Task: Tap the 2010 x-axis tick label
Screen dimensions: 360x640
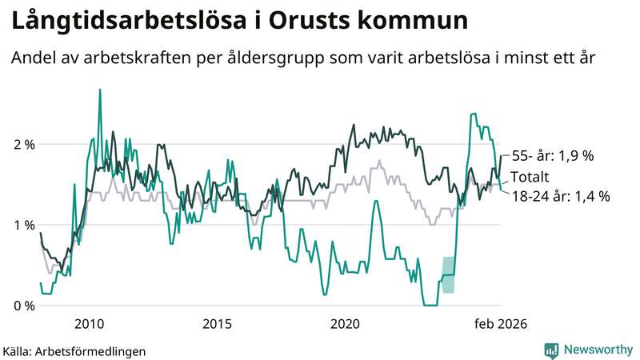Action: [89, 324]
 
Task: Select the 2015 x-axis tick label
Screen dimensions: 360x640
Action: [217, 324]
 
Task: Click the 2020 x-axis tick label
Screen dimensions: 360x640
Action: [345, 324]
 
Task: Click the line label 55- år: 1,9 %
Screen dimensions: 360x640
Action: [552, 157]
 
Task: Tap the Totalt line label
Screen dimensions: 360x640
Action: [531, 177]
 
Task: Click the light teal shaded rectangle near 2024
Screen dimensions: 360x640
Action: [449, 274]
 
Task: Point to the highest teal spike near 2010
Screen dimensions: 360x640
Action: [99, 90]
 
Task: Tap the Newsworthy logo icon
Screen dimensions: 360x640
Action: [551, 350]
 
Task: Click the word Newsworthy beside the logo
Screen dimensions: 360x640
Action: [597, 350]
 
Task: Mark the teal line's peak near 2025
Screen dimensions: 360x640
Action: [474, 114]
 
